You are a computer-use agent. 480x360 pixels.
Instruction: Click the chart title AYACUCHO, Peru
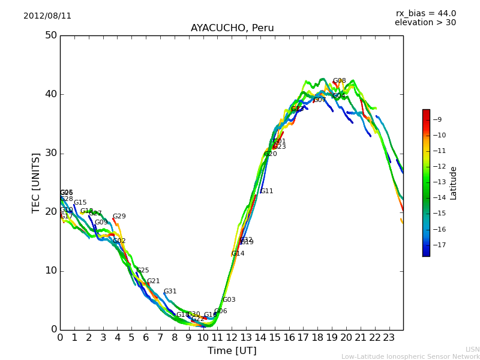click(232, 28)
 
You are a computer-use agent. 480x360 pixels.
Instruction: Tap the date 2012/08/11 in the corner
click(47, 16)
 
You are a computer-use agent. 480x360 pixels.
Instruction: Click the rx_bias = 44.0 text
click(425, 13)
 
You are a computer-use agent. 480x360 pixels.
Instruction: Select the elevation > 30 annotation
click(425, 23)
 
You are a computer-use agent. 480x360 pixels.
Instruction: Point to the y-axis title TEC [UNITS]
click(36, 182)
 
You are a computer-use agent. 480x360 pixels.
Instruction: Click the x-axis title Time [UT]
click(232, 351)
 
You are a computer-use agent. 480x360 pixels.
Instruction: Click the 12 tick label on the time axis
click(232, 338)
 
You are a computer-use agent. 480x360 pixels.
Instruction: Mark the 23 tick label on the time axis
click(389, 338)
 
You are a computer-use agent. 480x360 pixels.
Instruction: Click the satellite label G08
click(339, 81)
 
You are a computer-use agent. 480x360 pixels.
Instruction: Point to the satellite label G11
click(266, 191)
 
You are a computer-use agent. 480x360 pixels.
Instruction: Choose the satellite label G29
click(119, 217)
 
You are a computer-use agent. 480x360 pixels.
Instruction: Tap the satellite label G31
click(170, 292)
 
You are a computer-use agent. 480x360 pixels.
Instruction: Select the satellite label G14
click(238, 254)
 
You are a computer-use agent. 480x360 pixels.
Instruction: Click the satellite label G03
click(229, 300)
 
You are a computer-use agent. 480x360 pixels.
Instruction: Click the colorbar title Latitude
click(454, 183)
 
